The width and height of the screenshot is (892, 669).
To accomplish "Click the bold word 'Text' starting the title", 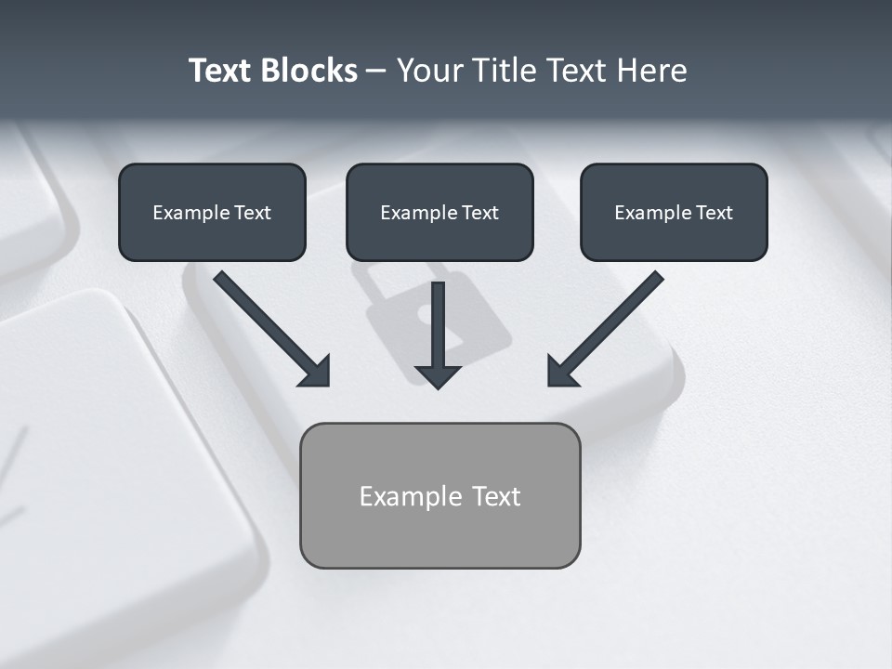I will pos(222,71).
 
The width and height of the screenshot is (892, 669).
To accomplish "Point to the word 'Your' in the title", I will pos(429,71).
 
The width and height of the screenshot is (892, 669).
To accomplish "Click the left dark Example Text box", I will pos(212,212).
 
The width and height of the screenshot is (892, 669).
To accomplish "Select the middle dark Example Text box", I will pos(439,212).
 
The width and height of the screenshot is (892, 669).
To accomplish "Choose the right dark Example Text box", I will pos(674,212).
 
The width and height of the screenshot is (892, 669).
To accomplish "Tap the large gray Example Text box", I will pos(439,495).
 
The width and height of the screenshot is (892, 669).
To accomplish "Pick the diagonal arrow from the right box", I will pos(613,321).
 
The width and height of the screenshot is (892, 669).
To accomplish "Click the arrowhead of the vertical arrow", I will pos(438,375).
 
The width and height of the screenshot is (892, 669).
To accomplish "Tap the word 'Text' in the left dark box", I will pos(253,212).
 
